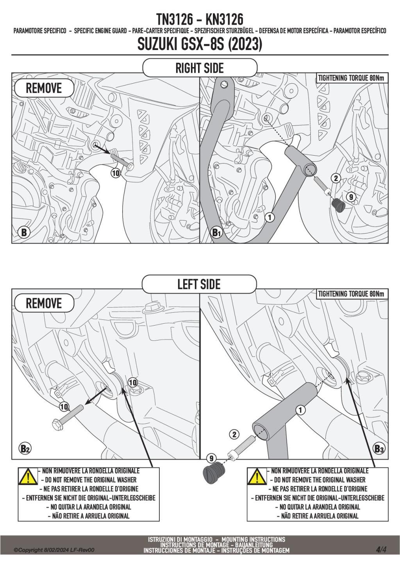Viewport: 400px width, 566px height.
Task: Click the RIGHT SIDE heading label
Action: (200, 68)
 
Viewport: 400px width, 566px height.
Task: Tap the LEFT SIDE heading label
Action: (199, 284)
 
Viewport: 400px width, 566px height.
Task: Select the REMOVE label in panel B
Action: (44, 88)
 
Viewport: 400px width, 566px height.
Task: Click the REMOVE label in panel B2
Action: (44, 303)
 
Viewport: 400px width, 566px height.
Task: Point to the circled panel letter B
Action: (24, 232)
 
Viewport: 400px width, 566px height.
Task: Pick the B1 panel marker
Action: (216, 232)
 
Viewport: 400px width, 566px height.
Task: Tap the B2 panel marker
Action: (25, 448)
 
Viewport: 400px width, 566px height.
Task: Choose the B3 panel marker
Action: (379, 448)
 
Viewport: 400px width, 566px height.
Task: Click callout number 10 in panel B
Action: (116, 173)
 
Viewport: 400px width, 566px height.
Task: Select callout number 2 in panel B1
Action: (336, 178)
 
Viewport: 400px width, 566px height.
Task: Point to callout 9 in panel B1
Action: (351, 197)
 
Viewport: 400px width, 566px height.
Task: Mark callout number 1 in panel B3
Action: (300, 410)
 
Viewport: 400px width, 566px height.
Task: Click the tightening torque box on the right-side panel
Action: (351, 78)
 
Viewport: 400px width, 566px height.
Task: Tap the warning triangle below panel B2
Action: (28, 476)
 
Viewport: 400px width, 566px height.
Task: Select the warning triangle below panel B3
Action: (257, 476)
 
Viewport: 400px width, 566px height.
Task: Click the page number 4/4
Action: (381, 550)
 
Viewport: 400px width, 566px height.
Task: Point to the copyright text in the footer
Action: (54, 550)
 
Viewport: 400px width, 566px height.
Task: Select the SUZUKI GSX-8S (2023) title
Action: (200, 44)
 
